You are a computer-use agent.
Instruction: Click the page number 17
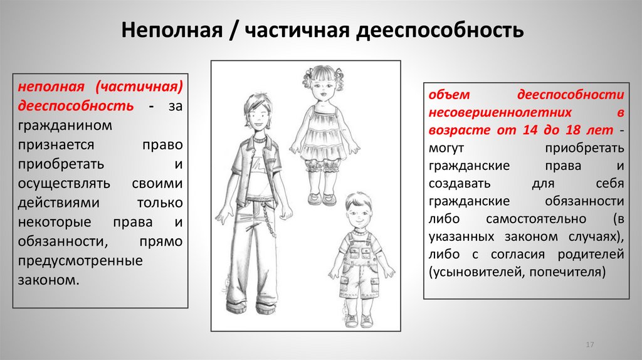(x=589, y=346)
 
